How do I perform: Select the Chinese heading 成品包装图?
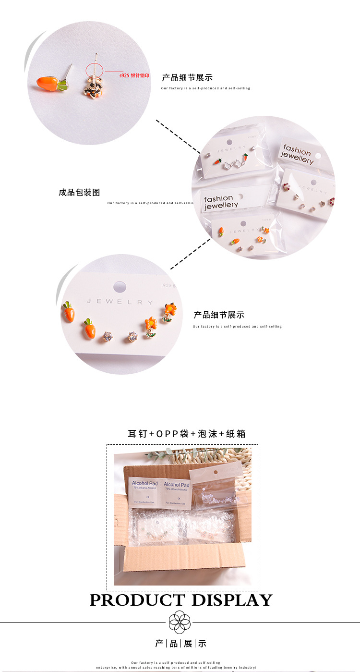point(79,192)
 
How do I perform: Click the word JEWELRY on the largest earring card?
point(120,302)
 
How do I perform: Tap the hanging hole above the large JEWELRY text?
point(120,287)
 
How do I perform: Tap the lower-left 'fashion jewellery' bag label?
point(221,202)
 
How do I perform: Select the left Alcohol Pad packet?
point(145,491)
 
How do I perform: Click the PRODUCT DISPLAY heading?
point(180,600)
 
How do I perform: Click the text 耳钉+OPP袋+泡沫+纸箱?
point(186,434)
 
